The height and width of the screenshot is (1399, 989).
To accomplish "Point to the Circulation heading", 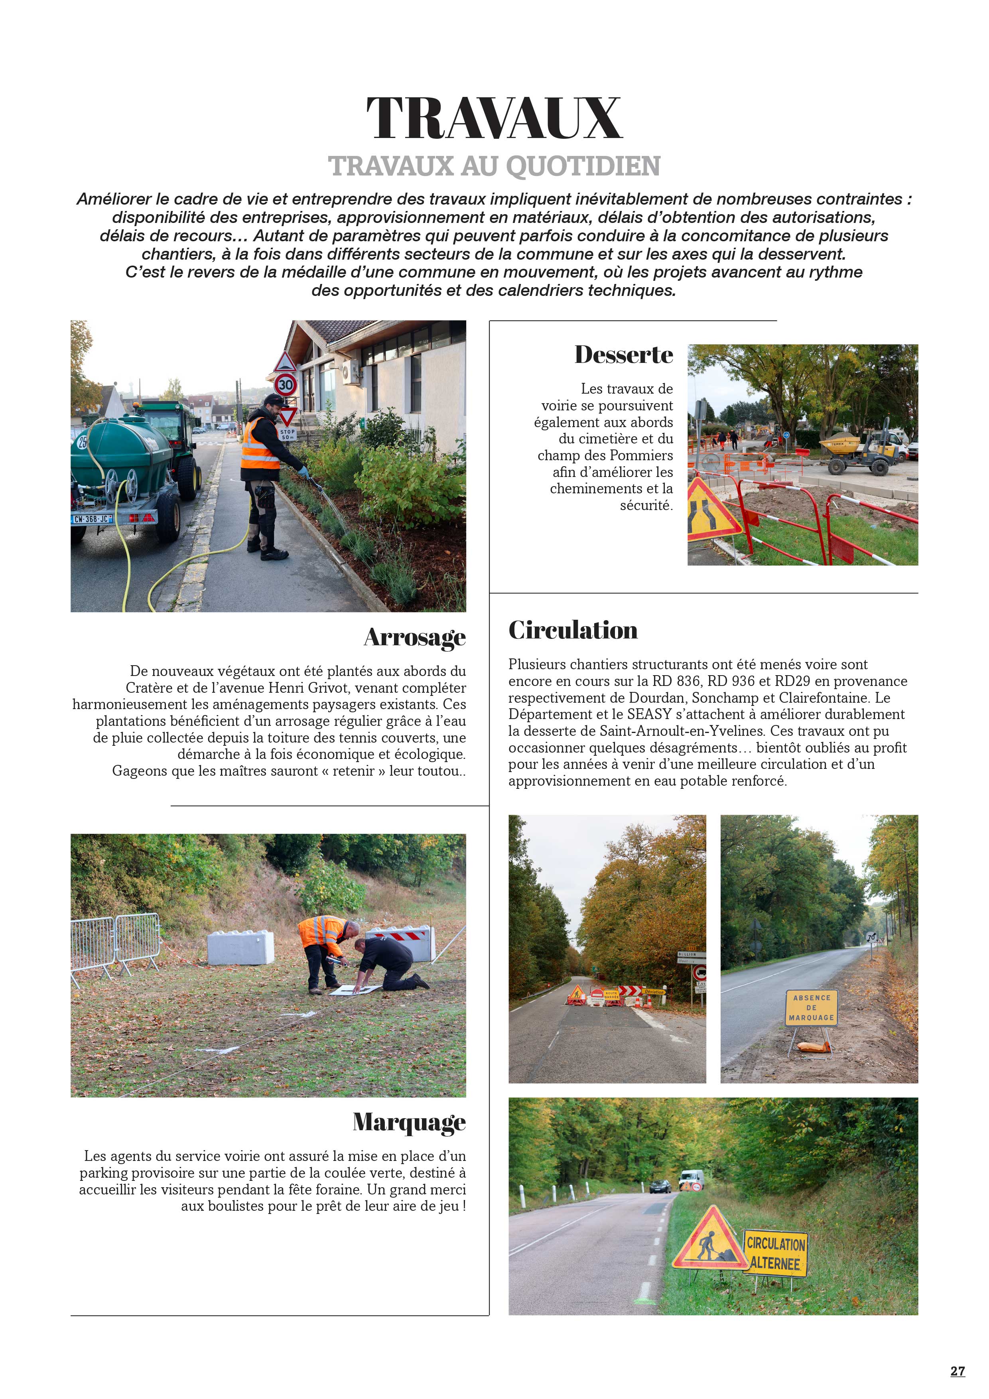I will coord(573,630).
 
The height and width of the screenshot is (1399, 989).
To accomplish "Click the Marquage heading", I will coord(409,1122).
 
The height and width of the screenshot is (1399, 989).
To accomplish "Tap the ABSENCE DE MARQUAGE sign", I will coord(811,1007).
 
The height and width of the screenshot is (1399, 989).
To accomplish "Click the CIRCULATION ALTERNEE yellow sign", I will coord(776,1253).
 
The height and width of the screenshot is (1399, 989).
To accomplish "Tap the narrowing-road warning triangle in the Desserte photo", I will coord(710,510).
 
